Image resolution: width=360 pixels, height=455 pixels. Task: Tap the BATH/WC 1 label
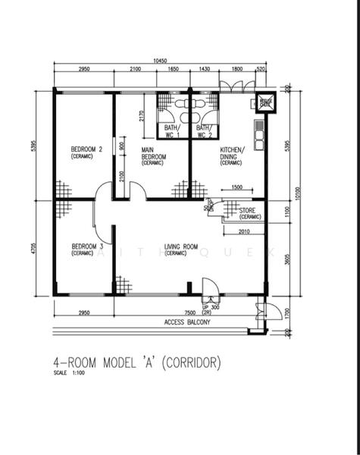pos(172,131)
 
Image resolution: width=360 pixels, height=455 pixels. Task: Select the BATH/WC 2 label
pos(204,131)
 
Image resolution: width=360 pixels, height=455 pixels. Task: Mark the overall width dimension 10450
pos(159,61)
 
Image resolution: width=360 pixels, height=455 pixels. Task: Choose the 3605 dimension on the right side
pos(286,258)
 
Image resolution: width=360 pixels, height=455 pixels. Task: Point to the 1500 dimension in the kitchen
pos(237,187)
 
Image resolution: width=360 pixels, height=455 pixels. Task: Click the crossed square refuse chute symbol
pos(265,102)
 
